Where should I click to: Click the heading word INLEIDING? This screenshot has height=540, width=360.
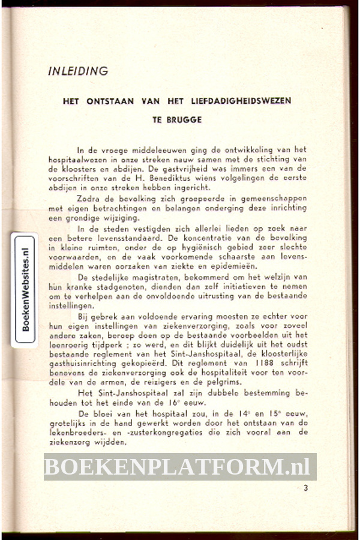[78, 71]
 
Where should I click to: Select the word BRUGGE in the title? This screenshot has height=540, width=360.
[190, 119]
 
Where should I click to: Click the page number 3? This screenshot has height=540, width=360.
[305, 488]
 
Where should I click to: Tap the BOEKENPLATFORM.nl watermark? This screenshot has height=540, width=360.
[180, 466]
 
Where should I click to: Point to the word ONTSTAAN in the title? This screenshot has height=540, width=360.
[110, 101]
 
